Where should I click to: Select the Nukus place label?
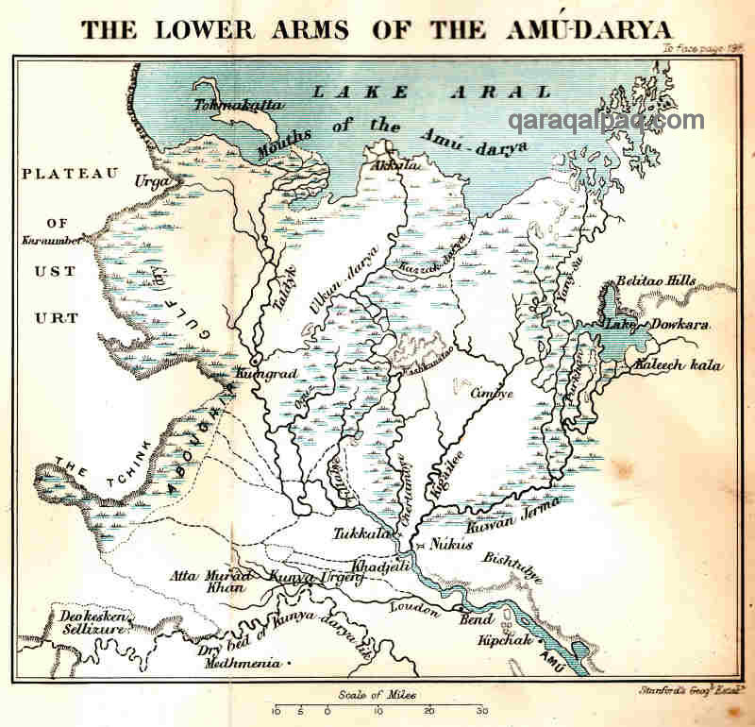click(450, 544)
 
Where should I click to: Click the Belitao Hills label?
click(656, 281)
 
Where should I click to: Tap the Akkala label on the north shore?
click(395, 163)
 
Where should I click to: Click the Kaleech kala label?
click(678, 365)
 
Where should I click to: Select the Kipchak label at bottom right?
click(508, 640)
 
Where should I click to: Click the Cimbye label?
click(491, 393)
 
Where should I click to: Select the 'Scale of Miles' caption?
click(377, 695)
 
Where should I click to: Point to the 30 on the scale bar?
click(481, 710)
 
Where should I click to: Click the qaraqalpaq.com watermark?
click(606, 121)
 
